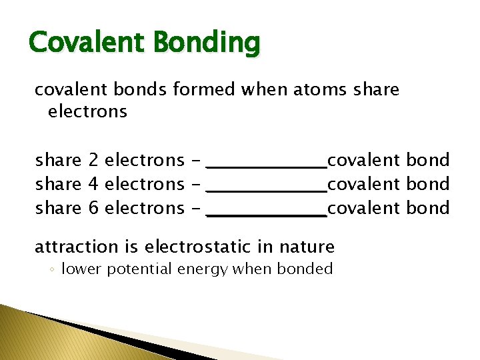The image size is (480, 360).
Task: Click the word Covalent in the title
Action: point(87,43)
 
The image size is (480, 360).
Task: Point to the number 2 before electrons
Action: point(93,160)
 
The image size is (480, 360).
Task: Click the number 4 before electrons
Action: point(93,184)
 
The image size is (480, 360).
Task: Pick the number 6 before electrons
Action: point(93,208)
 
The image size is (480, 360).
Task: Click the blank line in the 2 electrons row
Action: point(267,166)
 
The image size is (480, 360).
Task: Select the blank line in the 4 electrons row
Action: point(267,190)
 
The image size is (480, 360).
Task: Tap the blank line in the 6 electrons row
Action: point(267,214)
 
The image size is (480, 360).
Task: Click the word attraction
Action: point(76,247)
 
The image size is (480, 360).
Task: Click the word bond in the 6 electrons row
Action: point(428,208)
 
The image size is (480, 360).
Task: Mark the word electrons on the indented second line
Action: point(87,111)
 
